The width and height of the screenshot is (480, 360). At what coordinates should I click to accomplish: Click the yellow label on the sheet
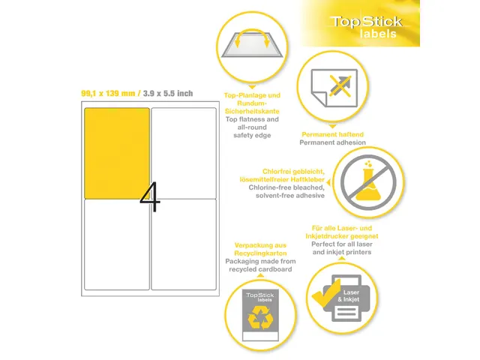click(117, 153)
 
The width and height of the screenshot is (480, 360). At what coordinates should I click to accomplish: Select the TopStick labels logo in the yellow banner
click(367, 27)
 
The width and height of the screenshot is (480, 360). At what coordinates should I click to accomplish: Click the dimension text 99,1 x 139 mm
click(108, 93)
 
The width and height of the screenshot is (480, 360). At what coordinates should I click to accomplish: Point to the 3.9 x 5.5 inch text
click(168, 93)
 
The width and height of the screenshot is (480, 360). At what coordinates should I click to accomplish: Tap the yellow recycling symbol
click(260, 318)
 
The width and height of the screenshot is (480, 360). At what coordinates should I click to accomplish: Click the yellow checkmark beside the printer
click(325, 293)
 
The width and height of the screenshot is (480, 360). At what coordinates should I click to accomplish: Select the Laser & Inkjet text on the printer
click(349, 296)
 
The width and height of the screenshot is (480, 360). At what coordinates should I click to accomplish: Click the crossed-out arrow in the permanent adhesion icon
click(340, 85)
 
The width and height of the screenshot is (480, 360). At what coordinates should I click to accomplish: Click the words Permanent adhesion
click(332, 142)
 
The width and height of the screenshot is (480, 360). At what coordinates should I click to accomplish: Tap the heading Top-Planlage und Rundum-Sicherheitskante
click(252, 103)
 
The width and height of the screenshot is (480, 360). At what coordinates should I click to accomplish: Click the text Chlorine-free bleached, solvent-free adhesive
click(286, 191)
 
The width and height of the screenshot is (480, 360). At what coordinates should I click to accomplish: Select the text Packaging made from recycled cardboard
click(260, 265)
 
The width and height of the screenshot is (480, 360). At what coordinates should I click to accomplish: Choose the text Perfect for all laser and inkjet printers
click(342, 248)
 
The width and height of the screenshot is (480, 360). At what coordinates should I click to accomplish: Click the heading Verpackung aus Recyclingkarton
click(260, 249)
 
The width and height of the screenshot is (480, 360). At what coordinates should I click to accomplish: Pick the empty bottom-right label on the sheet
click(184, 244)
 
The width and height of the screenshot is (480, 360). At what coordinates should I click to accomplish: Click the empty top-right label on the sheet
click(184, 153)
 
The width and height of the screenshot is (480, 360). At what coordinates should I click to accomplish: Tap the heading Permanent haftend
click(332, 134)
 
